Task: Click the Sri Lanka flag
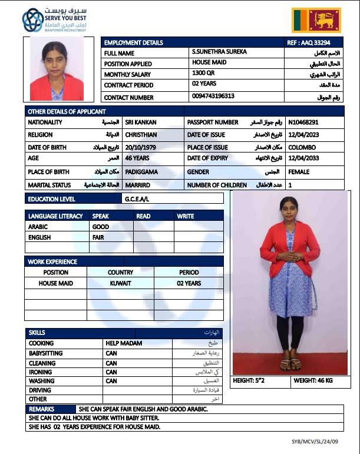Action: (x=316, y=20)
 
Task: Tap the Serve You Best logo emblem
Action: (x=32, y=20)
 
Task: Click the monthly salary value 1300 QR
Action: (x=203, y=73)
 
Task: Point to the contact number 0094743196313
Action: (x=213, y=95)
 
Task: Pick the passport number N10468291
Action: (x=303, y=122)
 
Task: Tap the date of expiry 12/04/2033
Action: (x=302, y=158)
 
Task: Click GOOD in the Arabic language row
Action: (x=101, y=227)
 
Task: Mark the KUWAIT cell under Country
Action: (x=121, y=283)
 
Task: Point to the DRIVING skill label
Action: (x=40, y=390)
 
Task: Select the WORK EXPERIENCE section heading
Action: (x=52, y=261)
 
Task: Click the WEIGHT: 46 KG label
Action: (x=313, y=381)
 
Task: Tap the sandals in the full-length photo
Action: (x=290, y=364)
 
